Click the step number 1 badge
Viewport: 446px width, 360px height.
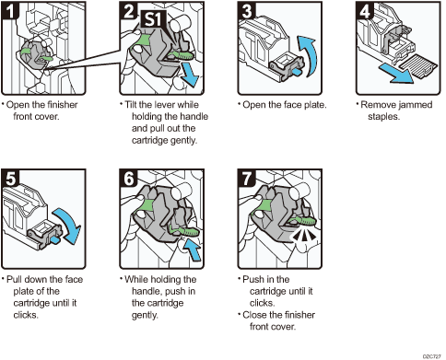pyautogui.click(x=10, y=10)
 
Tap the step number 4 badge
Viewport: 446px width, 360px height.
pyautogui.click(x=365, y=11)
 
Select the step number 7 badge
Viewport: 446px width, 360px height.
pyautogui.click(x=247, y=178)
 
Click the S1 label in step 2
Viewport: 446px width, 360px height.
pyautogui.click(x=153, y=19)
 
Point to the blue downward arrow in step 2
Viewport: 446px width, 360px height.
pyautogui.click(x=189, y=74)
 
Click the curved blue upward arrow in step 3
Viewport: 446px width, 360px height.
pyautogui.click(x=309, y=56)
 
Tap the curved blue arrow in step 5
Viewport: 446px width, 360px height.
pyautogui.click(x=68, y=226)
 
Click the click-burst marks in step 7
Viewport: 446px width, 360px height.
pyautogui.click(x=303, y=235)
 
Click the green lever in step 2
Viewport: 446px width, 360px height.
pyautogui.click(x=181, y=55)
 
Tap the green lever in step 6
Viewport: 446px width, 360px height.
pyautogui.click(x=185, y=231)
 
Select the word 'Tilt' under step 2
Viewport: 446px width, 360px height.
pyautogui.click(x=131, y=105)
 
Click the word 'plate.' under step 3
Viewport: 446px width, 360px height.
pyautogui.click(x=315, y=105)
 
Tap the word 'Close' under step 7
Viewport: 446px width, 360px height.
pyautogui.click(x=254, y=315)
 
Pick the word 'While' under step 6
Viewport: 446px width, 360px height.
pyautogui.click(x=136, y=279)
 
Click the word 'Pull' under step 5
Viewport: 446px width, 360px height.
pyautogui.click(x=14, y=279)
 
